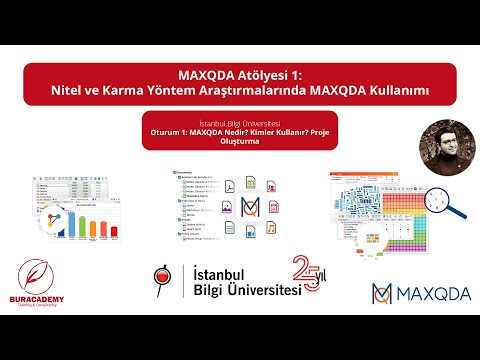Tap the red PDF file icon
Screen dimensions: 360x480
pyautogui.click(x=228, y=184)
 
